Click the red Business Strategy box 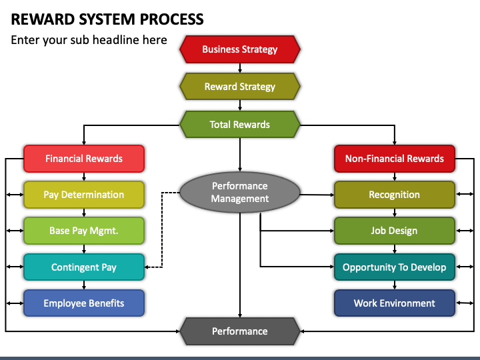coord(240,49)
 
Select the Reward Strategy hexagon coord(240,87)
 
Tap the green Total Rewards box coord(240,125)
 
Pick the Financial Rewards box coord(84,159)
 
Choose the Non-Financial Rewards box coord(395,159)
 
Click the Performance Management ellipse coord(240,192)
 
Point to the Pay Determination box coord(84,195)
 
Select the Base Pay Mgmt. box coord(84,231)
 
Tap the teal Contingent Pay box coord(84,267)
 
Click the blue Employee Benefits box coord(84,303)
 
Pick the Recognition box coord(395,195)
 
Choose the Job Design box coord(395,231)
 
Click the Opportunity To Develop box coord(395,267)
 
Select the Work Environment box coord(395,303)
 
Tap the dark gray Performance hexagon coord(240,331)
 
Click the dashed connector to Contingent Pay coord(162,229)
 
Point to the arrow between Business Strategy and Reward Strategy coord(240,68)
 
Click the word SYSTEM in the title coord(107,19)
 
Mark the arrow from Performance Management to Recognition coord(317,195)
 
